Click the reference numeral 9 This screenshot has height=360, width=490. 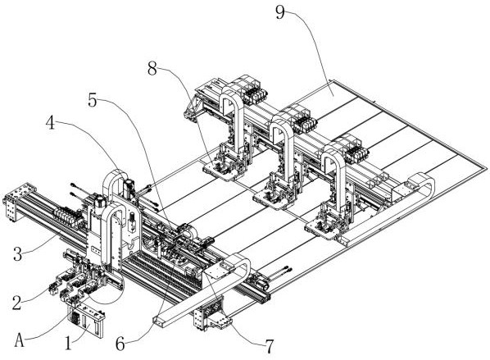[279, 12]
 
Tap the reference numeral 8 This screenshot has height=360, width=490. [152, 69]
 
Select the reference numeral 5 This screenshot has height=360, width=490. [93, 100]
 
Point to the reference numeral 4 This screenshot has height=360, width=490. [50, 123]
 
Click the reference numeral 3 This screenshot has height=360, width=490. [18, 254]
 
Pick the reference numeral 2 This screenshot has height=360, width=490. [17, 303]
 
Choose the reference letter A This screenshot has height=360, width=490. [20, 340]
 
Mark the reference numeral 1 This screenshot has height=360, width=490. [68, 343]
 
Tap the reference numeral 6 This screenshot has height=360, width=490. [120, 344]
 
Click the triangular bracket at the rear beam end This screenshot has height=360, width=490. [191, 108]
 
